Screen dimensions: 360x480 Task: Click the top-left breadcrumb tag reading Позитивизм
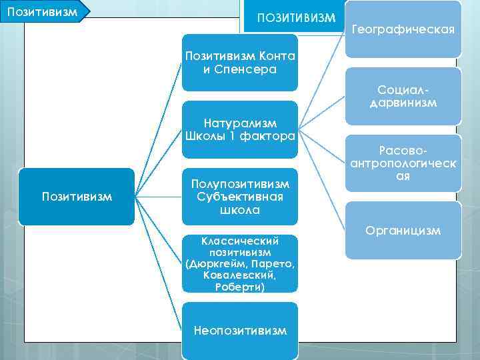pyautogui.click(x=40, y=11)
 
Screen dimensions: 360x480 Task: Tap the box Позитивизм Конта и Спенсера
pyautogui.click(x=240, y=63)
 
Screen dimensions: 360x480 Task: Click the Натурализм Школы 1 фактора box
pyautogui.click(x=240, y=129)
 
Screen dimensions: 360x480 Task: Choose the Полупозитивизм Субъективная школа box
pyautogui.click(x=240, y=197)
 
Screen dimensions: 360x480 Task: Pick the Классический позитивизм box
pyautogui.click(x=240, y=263)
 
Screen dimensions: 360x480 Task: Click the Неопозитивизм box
pyautogui.click(x=240, y=331)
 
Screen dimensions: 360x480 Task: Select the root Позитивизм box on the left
pyautogui.click(x=77, y=197)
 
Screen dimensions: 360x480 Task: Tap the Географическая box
pyautogui.click(x=403, y=29)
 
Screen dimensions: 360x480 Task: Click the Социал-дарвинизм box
pyautogui.click(x=403, y=96)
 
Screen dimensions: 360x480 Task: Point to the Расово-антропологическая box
pyautogui.click(x=403, y=165)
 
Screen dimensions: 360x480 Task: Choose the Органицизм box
pyautogui.click(x=403, y=231)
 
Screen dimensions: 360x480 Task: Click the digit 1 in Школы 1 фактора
pyautogui.click(x=233, y=136)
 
